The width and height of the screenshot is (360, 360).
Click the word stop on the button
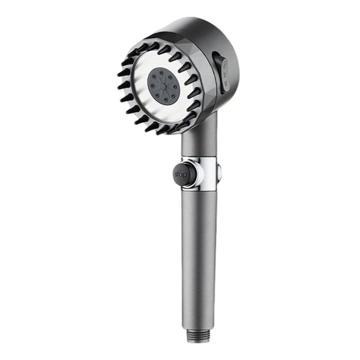click(180, 175)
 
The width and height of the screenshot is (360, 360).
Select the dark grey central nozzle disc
click(162, 86)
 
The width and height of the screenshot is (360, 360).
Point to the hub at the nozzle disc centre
click(162, 86)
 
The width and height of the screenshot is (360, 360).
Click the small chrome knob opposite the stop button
click(219, 173)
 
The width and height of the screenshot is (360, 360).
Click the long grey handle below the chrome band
click(198, 262)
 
